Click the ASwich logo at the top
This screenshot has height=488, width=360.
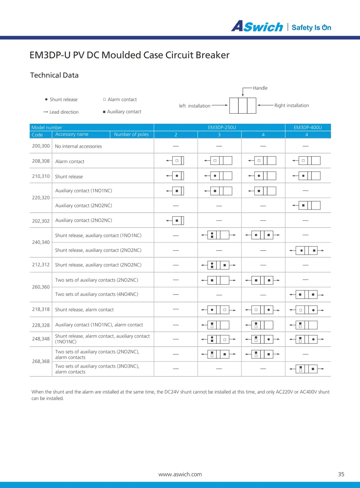pyautogui.click(x=257, y=26)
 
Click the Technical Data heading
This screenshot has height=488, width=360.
pyautogui.click(x=54, y=75)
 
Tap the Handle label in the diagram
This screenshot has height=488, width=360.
pyautogui.click(x=260, y=88)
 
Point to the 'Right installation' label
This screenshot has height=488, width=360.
pyautogui.click(x=291, y=106)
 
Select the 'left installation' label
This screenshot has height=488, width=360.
pyautogui.click(x=195, y=106)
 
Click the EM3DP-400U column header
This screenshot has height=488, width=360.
pyautogui.click(x=308, y=128)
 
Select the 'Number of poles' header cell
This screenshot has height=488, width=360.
pyautogui.click(x=131, y=134)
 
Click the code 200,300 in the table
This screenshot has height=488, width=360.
pyautogui.click(x=41, y=146)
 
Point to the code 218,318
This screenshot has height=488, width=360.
pyautogui.click(x=41, y=309)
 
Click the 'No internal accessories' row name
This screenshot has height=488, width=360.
pyautogui.click(x=78, y=146)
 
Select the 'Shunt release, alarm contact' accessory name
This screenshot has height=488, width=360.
pyautogui.click(x=84, y=309)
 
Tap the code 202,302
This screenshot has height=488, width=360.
pyautogui.click(x=41, y=221)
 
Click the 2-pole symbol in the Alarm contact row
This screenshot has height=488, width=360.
pyautogui.click(x=176, y=161)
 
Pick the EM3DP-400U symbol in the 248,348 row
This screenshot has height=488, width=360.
pyautogui.click(x=307, y=339)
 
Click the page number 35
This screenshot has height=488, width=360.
pyautogui.click(x=341, y=474)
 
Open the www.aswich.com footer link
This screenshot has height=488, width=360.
pyautogui.click(x=180, y=474)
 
